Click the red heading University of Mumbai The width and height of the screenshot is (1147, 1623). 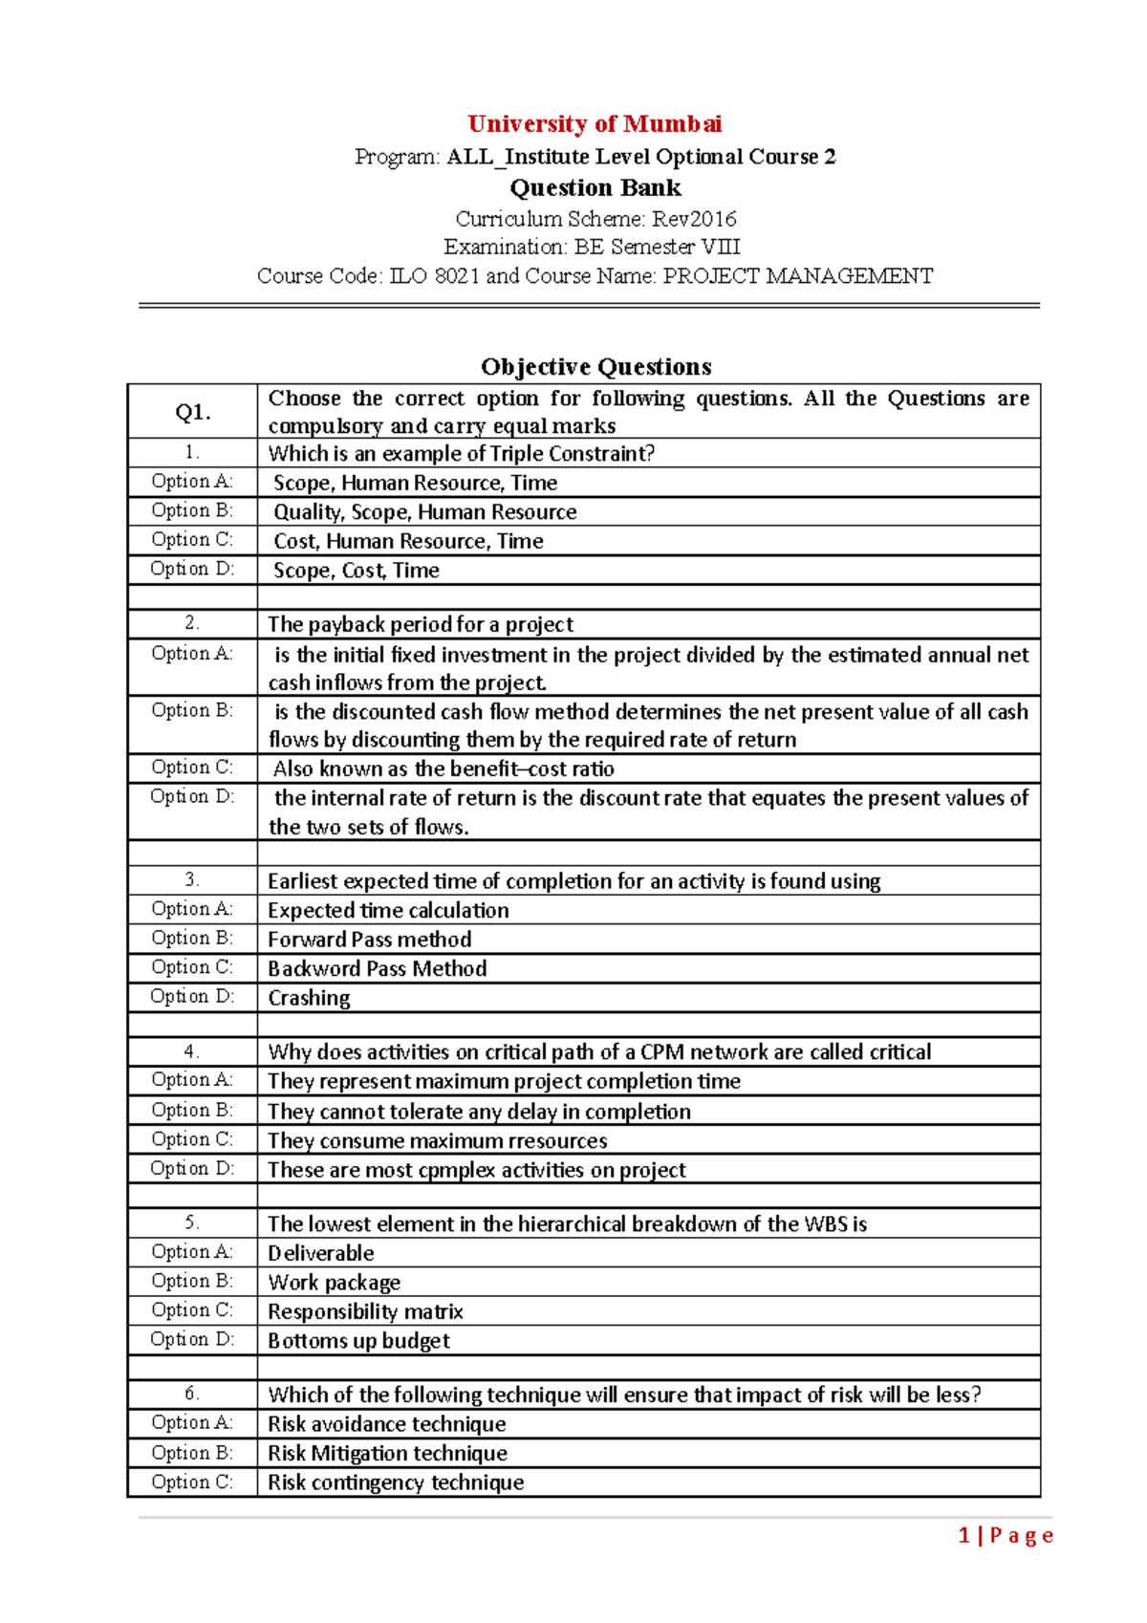[x=595, y=124]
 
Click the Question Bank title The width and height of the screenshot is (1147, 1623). [x=595, y=187]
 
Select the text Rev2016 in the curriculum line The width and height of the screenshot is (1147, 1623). [x=694, y=219]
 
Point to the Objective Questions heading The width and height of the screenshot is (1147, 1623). [x=595, y=367]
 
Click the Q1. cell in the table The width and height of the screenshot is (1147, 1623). [x=193, y=412]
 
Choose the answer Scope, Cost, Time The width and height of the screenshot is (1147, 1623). [x=356, y=571]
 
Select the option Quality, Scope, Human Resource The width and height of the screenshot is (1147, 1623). [x=424, y=512]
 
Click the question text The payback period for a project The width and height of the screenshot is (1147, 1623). [x=421, y=624]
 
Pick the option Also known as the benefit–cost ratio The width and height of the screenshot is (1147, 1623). [x=444, y=768]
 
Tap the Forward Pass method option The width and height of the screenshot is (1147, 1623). [x=370, y=940]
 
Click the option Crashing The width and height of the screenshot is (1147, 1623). [x=309, y=998]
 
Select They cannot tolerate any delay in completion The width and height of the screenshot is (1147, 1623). [x=479, y=1112]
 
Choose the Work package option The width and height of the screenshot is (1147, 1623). [x=335, y=1283]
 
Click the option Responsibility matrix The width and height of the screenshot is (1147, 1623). [x=365, y=1311]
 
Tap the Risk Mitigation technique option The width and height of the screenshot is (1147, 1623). [x=387, y=1454]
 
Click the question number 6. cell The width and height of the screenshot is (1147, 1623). [x=192, y=1394]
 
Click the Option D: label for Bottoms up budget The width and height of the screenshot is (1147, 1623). [x=192, y=1340]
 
